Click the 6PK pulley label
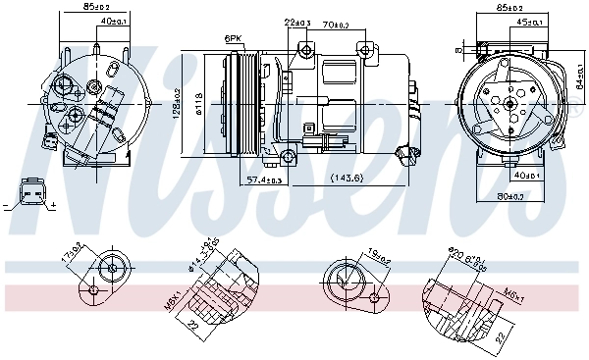(233, 38)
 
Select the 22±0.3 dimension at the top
(297, 23)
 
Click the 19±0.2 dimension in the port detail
(378, 258)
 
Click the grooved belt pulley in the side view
(241, 102)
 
